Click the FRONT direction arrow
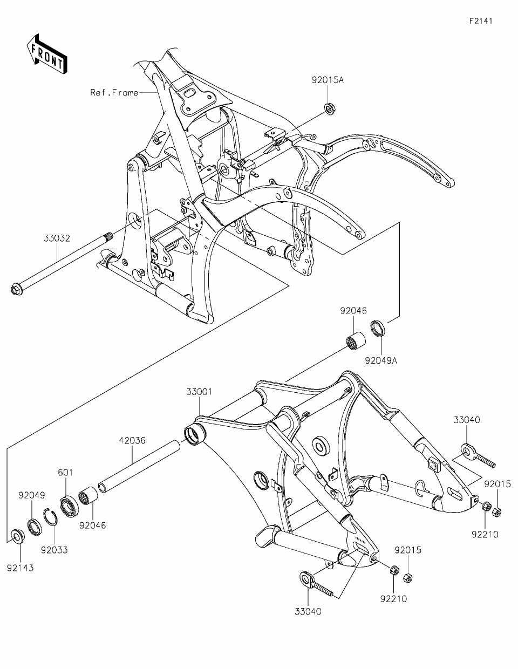tap(47, 53)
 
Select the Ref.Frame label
tap(114, 93)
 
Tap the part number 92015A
tap(327, 80)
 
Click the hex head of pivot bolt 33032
tap(16, 290)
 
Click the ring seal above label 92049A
tap(378, 327)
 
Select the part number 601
tap(65, 472)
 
